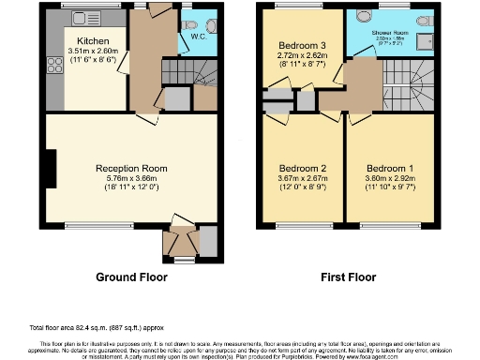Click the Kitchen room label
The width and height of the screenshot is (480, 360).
click(94, 41)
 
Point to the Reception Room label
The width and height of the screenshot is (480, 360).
click(132, 168)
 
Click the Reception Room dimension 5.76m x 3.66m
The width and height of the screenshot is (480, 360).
click(132, 178)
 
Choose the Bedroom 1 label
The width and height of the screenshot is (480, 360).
click(388, 157)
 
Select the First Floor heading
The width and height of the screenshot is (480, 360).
click(345, 277)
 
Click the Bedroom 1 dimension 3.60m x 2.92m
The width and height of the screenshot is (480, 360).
click(388, 167)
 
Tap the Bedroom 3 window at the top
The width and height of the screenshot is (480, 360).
click(293, 7)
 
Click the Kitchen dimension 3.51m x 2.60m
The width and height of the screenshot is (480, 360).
click(94, 52)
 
